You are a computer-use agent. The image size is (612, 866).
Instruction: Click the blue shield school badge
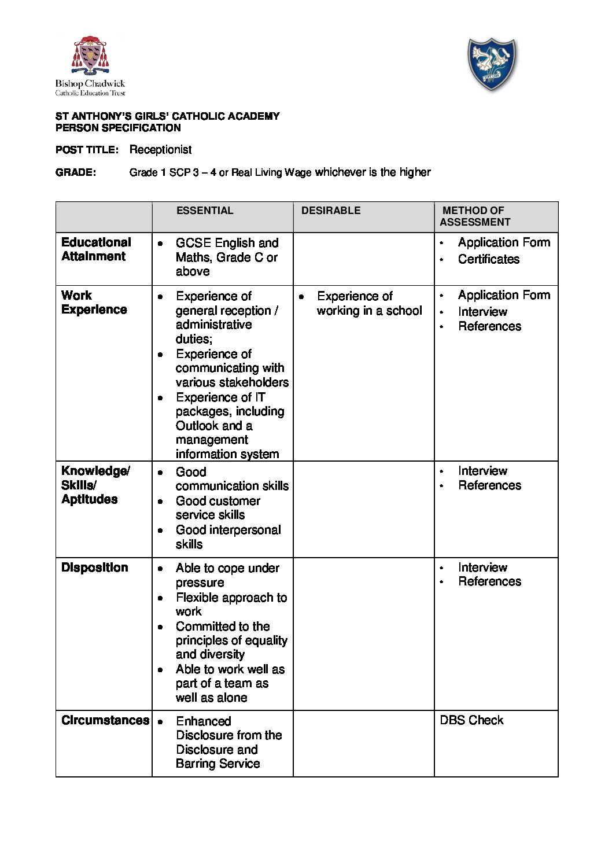[491, 64]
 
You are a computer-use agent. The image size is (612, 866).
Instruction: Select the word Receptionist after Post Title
[160, 150]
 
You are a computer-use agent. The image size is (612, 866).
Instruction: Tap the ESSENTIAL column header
[205, 211]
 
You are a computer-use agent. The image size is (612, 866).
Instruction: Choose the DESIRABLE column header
[330, 211]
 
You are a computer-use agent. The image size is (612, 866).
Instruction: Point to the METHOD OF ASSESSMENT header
[474, 216]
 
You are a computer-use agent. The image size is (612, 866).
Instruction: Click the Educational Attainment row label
[96, 249]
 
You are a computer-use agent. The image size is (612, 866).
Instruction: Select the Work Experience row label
[94, 303]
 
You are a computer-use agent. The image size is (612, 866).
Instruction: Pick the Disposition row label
[94, 567]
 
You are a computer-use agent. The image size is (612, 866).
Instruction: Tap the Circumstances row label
[105, 720]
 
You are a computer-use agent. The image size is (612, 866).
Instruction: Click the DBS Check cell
[471, 720]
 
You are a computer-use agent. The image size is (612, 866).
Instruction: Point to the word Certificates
[488, 259]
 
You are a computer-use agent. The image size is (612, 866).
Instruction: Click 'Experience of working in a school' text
[369, 303]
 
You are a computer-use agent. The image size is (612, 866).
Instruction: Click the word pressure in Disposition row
[200, 583]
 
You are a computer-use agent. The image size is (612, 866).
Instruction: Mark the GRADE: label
[75, 172]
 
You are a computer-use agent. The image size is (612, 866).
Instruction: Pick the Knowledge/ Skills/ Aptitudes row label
[95, 485]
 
